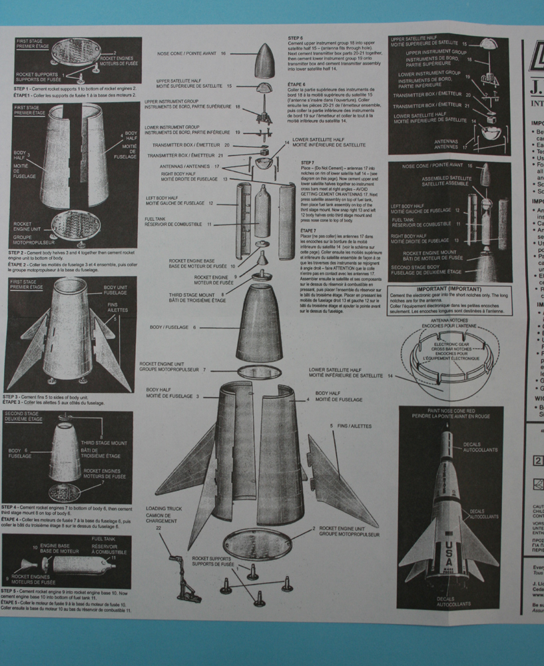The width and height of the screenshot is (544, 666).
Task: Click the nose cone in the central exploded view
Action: pyautogui.click(x=263, y=61)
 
